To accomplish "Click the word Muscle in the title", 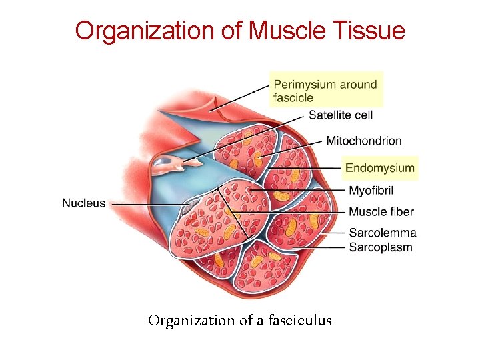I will tap(273, 31).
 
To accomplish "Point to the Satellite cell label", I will tap(340, 115).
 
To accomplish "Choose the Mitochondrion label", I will tap(364, 141).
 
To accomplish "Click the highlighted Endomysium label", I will tap(379, 168).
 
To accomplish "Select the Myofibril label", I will tap(371, 191).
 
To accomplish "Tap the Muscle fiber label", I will tap(381, 212).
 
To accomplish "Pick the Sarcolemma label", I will tap(383, 233).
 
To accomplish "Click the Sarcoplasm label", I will tap(381, 247).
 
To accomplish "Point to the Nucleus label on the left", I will tap(84, 203).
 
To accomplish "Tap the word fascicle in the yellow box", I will tap(293, 97).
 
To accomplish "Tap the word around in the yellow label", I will tap(357, 85).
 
